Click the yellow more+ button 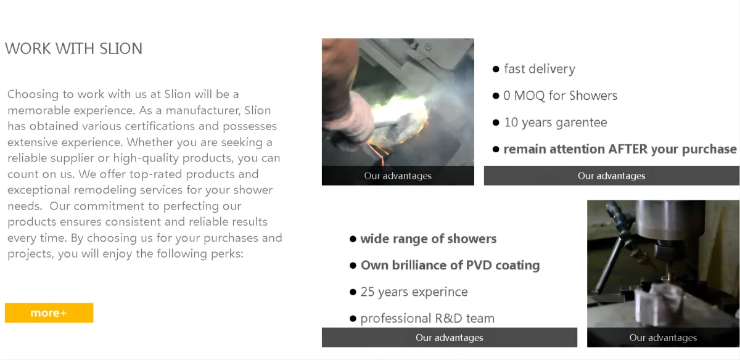tap(49, 313)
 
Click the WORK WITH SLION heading tap(73, 49)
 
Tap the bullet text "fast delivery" tap(539, 69)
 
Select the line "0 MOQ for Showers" tap(560, 96)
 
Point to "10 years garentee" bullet tap(555, 123)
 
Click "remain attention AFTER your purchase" tap(620, 149)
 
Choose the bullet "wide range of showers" tap(428, 239)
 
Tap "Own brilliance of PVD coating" tap(450, 265)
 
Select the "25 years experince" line tap(414, 292)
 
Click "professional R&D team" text tap(427, 319)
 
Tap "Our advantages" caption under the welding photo tap(398, 176)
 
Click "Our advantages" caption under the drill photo tap(663, 337)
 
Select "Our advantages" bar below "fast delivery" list tap(611, 176)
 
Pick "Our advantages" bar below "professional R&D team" tap(449, 337)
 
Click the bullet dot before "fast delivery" tap(496, 69)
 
